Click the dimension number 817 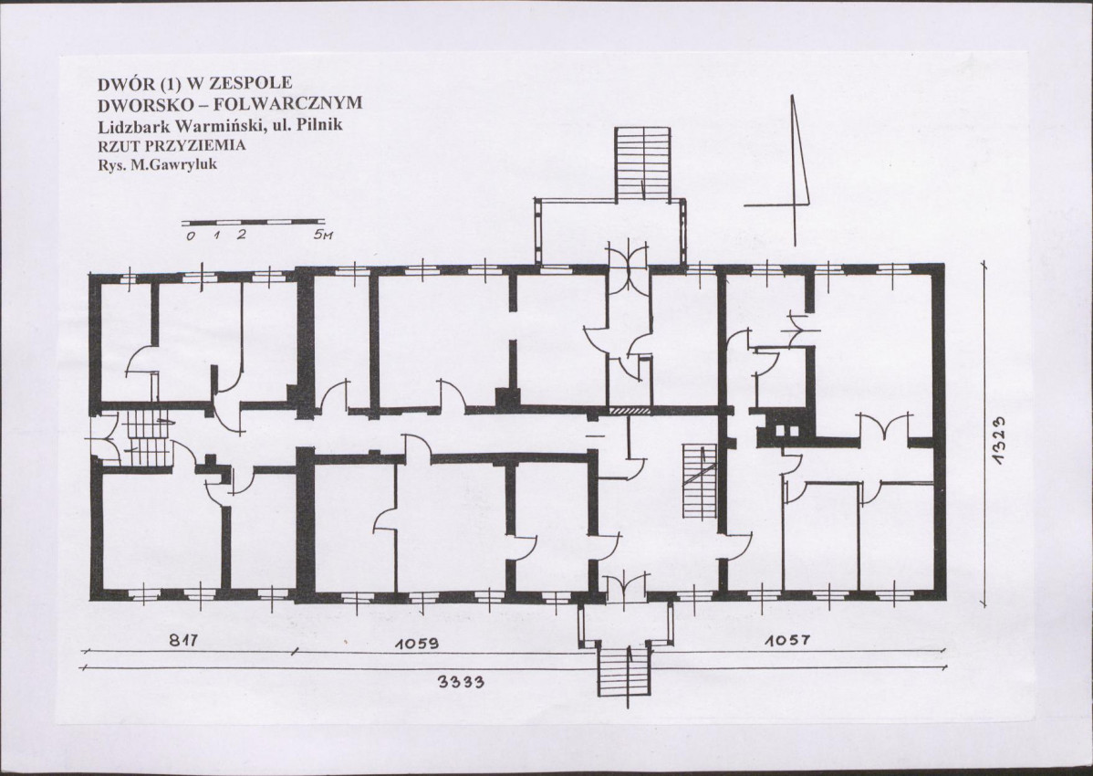point(183,640)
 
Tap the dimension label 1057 point(787,639)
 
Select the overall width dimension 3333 point(461,681)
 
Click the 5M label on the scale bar point(323,235)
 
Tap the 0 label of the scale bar point(191,236)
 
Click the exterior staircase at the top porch point(642,164)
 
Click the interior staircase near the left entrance point(147,438)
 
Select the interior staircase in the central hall point(699,480)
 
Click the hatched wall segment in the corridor point(630,411)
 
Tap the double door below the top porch point(628,265)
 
